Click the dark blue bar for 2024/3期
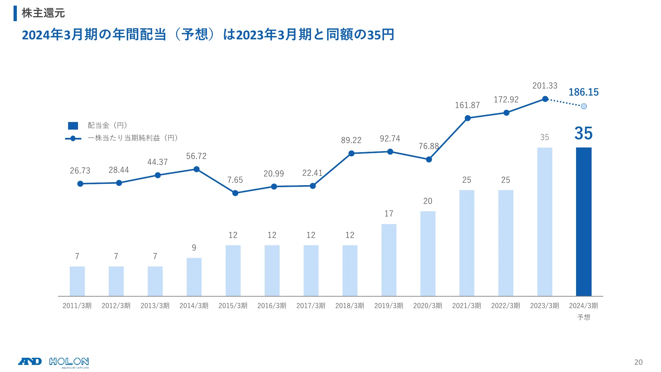click(584, 222)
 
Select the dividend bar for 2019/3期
click(389, 260)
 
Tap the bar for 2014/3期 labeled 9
click(194, 277)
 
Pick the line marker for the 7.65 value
click(235, 193)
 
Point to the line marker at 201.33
click(545, 99)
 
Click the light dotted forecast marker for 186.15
click(584, 106)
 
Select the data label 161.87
click(467, 105)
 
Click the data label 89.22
click(351, 140)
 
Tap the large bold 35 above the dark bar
click(583, 133)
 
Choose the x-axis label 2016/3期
click(272, 306)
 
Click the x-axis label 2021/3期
click(466, 306)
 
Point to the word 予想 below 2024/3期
click(584, 317)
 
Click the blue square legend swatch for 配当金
click(73, 126)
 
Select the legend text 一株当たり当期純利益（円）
click(133, 138)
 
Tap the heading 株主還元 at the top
click(43, 13)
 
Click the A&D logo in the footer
click(30, 361)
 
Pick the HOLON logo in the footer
click(69, 362)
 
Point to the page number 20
click(638, 362)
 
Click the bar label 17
click(389, 214)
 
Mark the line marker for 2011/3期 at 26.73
click(80, 184)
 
